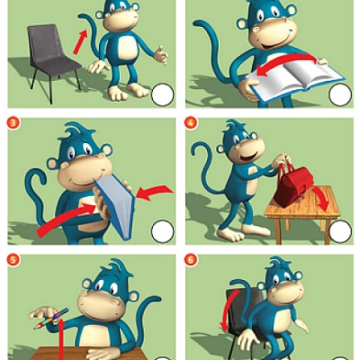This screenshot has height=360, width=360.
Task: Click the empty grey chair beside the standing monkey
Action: tap(52, 61)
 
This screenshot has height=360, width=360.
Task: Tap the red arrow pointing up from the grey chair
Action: tap(80, 42)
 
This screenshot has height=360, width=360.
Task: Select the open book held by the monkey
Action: tap(295, 78)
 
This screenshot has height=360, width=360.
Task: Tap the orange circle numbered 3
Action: tap(13, 122)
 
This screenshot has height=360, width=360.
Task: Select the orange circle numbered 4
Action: tap(192, 122)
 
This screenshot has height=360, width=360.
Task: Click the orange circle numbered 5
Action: tap(13, 259)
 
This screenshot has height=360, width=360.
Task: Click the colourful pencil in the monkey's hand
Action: tap(51, 319)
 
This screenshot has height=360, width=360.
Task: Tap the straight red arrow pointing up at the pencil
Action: tap(61, 339)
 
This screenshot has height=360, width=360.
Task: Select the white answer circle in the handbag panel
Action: tap(340, 231)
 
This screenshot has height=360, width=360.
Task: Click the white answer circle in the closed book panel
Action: tap(162, 231)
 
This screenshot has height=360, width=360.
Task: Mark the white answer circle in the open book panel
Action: tap(340, 94)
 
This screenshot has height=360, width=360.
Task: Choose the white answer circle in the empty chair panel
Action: tap(162, 94)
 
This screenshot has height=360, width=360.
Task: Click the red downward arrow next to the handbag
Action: tap(322, 198)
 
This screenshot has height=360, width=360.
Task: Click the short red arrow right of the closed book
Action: tap(155, 192)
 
